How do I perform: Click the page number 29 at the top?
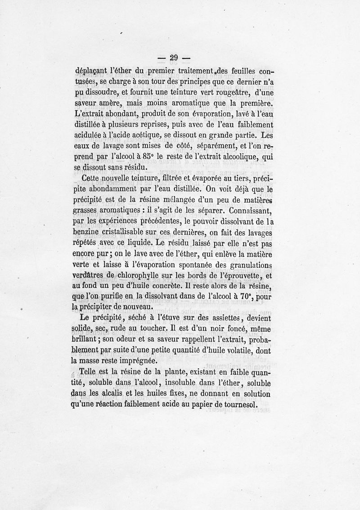pos(173,57)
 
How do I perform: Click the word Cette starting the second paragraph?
pos(90,179)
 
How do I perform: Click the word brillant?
pos(86,340)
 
